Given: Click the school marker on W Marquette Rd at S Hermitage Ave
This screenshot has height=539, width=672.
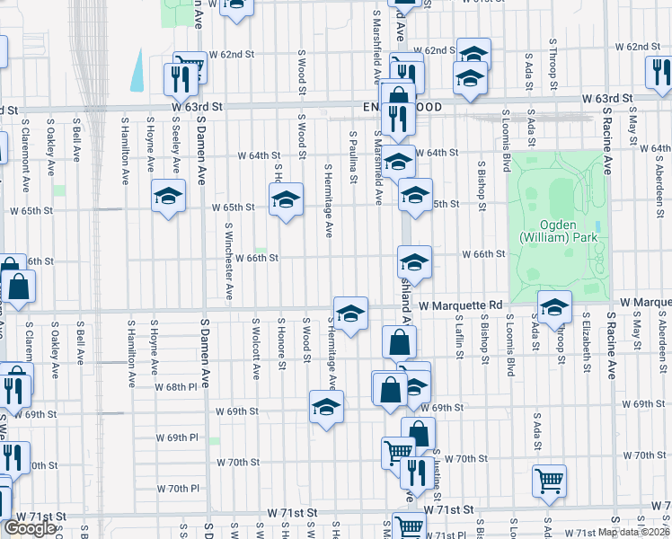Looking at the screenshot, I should point(350,313).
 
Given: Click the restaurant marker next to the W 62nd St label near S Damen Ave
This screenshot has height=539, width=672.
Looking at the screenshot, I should point(176,79).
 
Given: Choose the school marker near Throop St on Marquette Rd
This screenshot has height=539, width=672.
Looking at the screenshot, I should point(554,307).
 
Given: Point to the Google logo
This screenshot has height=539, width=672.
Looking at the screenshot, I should point(30,528).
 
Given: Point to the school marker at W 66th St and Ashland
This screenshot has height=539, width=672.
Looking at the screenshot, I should point(414,262).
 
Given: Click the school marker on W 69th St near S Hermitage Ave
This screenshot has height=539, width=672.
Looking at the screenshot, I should point(326,406).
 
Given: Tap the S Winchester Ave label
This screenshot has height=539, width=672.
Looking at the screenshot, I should point(229,261).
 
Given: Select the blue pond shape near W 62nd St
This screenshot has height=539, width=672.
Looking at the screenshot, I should point(137,70).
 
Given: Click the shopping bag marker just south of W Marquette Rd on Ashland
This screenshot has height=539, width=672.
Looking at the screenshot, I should point(399,342).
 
